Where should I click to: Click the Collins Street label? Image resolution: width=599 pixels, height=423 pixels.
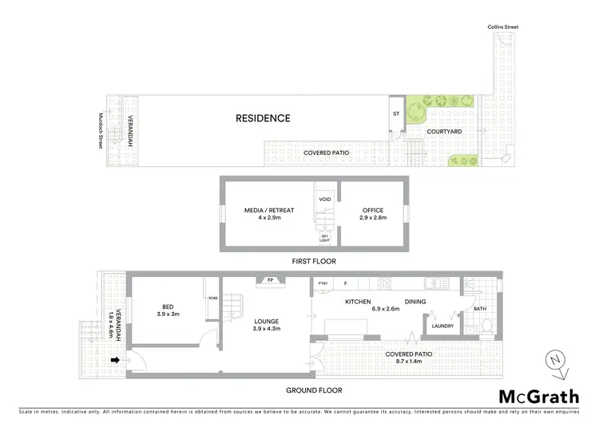click(503, 27)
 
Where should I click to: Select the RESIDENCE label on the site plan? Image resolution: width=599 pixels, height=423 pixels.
click(263, 118)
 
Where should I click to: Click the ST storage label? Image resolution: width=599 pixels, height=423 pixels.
click(395, 114)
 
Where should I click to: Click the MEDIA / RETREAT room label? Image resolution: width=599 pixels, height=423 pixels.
click(269, 210)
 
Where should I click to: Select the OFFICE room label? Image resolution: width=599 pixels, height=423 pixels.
click(371, 210)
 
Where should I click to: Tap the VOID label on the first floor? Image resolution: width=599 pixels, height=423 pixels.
click(325, 200)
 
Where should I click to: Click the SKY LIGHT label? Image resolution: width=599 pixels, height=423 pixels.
click(325, 239)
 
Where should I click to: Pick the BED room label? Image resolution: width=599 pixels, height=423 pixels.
click(168, 306)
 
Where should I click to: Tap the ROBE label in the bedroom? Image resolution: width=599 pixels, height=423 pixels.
click(212, 298)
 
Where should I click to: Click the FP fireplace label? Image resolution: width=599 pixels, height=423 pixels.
click(270, 280)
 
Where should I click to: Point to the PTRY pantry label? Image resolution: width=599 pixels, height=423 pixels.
click(323, 283)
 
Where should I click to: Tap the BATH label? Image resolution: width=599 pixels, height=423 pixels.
click(479, 309)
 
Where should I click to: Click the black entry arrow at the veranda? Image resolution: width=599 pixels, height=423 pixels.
click(115, 360)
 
